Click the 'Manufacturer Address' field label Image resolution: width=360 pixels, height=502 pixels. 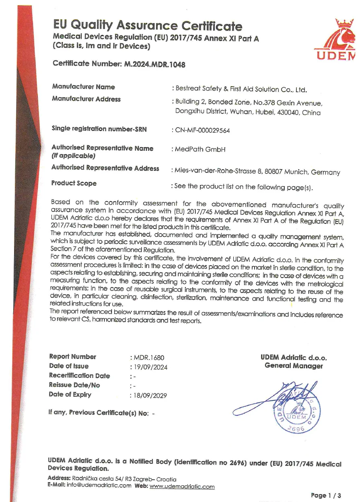pos(86,99)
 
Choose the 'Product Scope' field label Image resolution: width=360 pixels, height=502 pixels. pos(74,183)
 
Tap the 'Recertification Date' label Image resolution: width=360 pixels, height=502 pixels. pos(79,375)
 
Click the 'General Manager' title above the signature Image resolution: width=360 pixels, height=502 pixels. pos(294,366)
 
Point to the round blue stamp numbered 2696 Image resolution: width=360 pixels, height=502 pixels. pos(297,416)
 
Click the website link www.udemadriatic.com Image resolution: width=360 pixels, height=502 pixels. pos(182,486)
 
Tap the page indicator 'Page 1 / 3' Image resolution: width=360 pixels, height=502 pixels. pos(326,495)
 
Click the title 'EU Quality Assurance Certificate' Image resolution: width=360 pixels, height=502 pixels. pos(148,26)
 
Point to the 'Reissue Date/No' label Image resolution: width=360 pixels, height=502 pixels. pos(74,385)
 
